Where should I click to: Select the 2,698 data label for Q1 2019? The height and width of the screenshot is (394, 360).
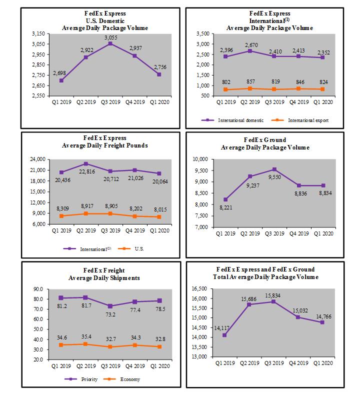pos(60,73)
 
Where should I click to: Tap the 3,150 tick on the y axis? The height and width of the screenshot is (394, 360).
pos(37,33)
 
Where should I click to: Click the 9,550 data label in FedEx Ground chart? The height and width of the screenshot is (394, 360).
pos(275,177)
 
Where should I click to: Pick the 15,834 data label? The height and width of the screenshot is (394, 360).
pos(275,295)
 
